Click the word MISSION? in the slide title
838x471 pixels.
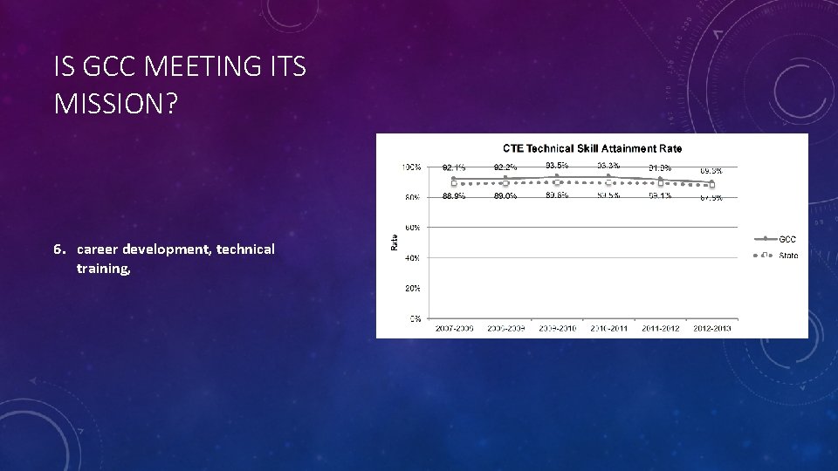point(115,104)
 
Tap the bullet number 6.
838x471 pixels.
point(58,249)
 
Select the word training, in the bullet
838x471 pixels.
point(103,269)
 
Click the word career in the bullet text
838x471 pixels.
point(97,249)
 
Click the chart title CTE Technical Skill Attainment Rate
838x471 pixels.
point(592,148)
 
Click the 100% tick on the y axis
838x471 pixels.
point(411,167)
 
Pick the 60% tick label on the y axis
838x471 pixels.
point(413,228)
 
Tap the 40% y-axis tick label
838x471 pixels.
point(413,258)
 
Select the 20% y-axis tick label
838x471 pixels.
point(413,288)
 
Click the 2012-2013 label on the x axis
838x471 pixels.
point(711,329)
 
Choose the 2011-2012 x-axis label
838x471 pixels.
point(660,329)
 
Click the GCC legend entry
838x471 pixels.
point(786,239)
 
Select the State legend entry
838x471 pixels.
point(788,255)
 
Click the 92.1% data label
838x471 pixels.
point(453,167)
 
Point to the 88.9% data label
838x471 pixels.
point(453,196)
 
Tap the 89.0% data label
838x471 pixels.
point(505,196)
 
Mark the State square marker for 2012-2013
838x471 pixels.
point(711,185)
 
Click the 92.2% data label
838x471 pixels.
point(505,167)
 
